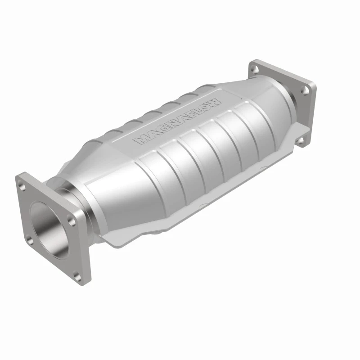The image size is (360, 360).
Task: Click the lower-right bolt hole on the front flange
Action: click(x=77, y=277)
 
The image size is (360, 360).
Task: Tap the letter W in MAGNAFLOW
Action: click(x=216, y=101)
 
